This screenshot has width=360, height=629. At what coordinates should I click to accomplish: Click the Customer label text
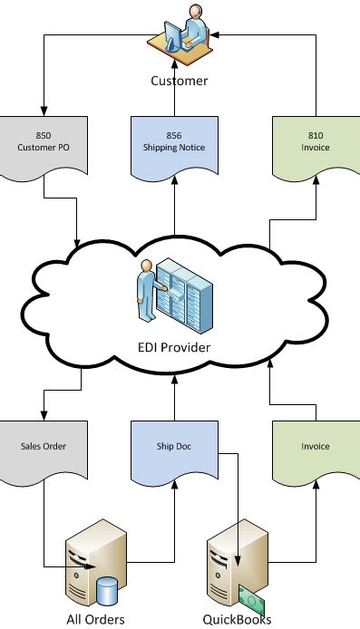pos(179,82)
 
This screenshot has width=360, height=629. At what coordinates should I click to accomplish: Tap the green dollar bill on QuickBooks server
pos(249,595)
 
